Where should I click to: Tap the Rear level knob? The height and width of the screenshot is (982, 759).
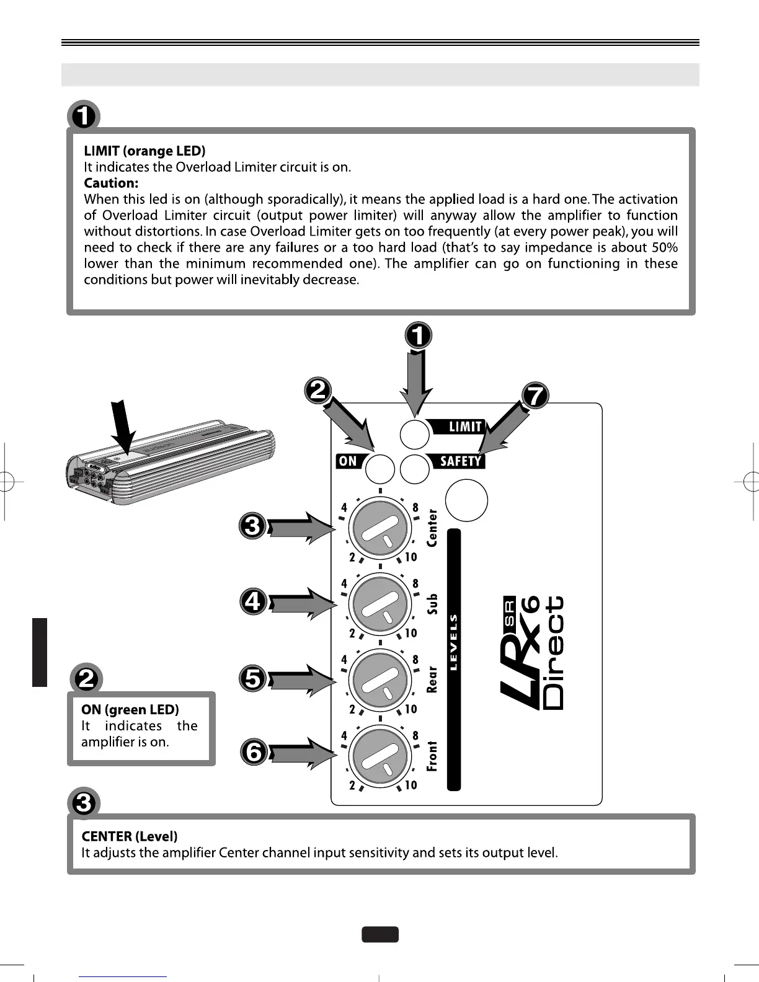click(379, 680)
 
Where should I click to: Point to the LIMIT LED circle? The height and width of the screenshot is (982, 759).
click(414, 434)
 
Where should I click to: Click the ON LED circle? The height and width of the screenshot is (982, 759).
click(379, 469)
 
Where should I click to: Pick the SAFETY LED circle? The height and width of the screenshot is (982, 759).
click(414, 469)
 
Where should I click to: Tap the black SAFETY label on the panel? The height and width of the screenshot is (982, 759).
click(459, 461)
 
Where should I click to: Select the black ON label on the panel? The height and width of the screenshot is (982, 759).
click(348, 461)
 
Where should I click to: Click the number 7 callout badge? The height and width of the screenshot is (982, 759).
click(536, 396)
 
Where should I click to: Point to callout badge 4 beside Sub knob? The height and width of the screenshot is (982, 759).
click(254, 602)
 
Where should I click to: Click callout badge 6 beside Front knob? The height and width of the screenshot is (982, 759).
click(254, 753)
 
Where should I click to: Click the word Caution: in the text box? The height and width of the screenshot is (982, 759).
click(111, 184)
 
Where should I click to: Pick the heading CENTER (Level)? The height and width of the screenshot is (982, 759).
click(130, 836)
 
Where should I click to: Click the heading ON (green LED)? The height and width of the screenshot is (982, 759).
click(130, 710)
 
